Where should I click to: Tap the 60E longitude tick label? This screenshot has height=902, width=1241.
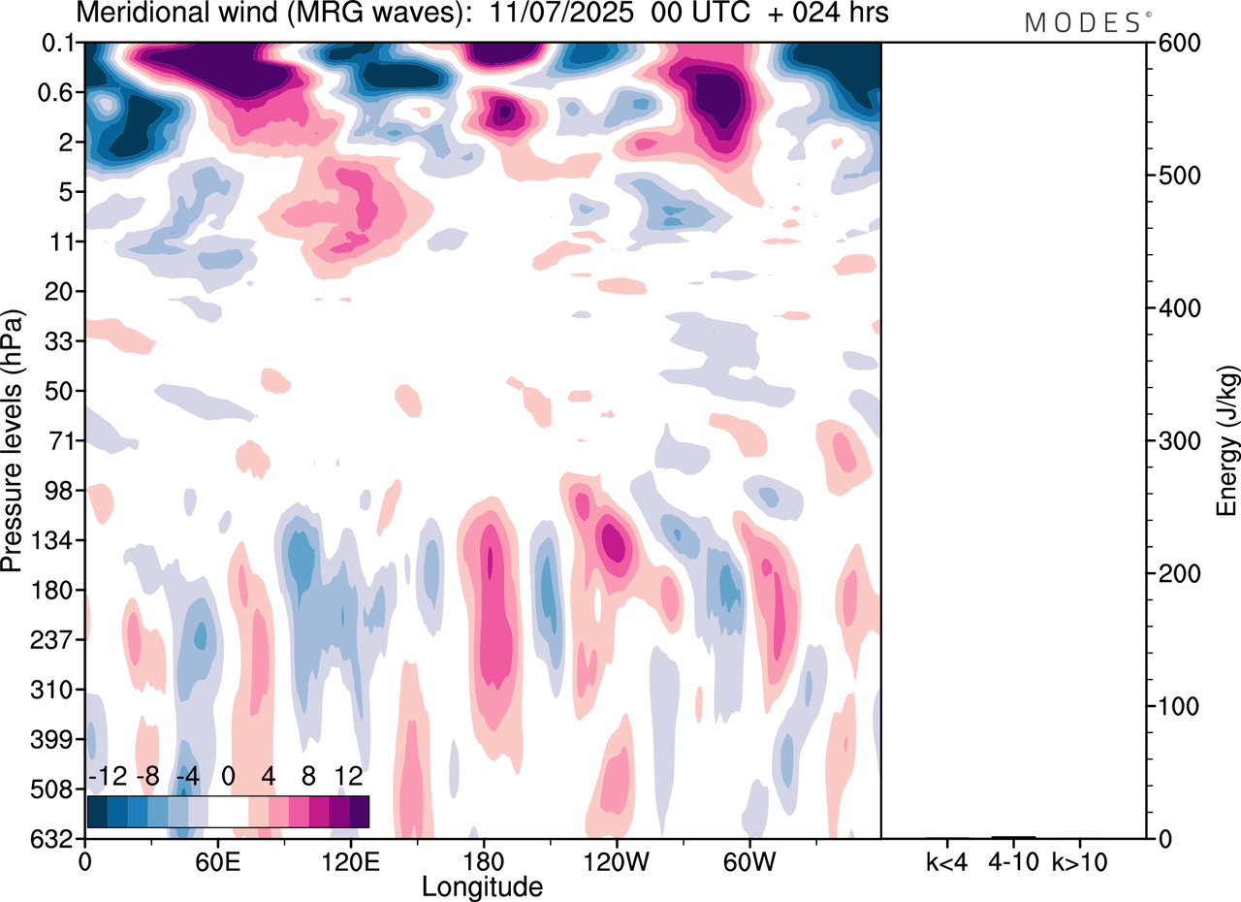(x=216, y=860)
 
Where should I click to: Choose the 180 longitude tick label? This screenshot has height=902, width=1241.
(x=482, y=860)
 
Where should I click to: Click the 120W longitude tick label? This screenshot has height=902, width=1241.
(x=616, y=860)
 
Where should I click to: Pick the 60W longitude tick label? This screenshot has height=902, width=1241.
(x=748, y=860)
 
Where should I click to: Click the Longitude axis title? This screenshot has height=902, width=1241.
(x=482, y=886)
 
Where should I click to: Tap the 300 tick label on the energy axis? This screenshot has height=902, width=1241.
(x=1176, y=441)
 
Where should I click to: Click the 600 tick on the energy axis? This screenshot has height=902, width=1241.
(x=1176, y=44)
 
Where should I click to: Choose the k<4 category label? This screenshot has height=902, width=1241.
(x=947, y=860)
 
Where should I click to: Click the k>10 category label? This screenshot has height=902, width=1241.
(x=1081, y=860)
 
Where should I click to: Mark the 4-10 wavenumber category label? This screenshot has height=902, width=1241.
(x=1014, y=860)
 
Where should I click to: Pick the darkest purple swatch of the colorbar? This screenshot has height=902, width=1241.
(x=359, y=811)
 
